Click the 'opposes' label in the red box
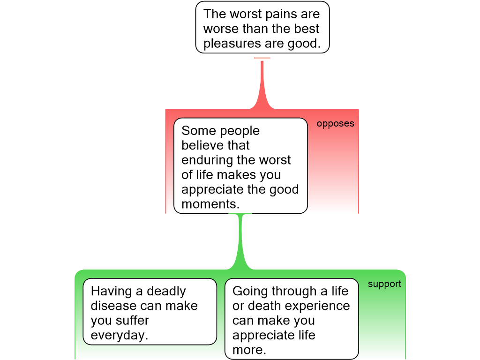point(335,124)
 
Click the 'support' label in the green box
point(384,284)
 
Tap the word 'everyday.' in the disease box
point(119,335)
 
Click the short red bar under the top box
point(262,58)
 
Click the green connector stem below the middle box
point(241,239)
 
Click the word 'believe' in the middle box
point(202,145)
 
